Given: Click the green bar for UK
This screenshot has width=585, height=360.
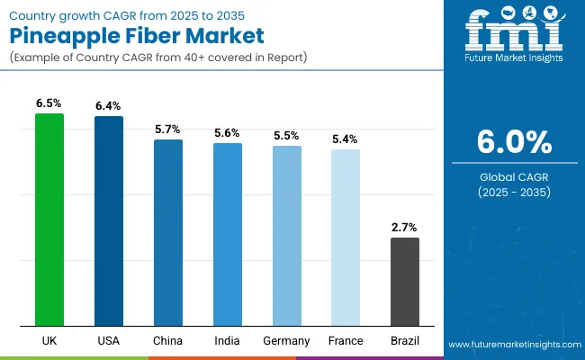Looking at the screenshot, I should click(x=49, y=220).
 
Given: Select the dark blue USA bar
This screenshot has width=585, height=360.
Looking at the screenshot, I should click(x=109, y=221).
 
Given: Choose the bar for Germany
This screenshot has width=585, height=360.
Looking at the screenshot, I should click(x=287, y=236).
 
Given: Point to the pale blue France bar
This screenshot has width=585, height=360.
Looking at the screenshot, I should click(x=346, y=238).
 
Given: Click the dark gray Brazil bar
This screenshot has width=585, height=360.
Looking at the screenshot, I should click(x=405, y=282).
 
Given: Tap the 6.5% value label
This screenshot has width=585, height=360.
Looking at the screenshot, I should click(x=49, y=103).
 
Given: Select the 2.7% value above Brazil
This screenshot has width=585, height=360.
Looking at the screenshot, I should click(x=405, y=228).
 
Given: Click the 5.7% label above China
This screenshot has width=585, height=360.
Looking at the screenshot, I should click(x=168, y=130).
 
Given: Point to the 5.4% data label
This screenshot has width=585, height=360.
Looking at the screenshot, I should click(x=346, y=139).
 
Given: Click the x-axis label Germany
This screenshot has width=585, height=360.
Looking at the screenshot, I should click(x=287, y=341).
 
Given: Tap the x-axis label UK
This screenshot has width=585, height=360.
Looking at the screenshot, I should click(x=49, y=341).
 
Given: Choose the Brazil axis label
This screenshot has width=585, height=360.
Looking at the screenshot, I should click(x=405, y=341).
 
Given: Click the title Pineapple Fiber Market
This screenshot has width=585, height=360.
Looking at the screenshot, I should click(x=137, y=37).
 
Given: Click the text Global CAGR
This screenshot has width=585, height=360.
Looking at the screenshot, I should click(x=514, y=177).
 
